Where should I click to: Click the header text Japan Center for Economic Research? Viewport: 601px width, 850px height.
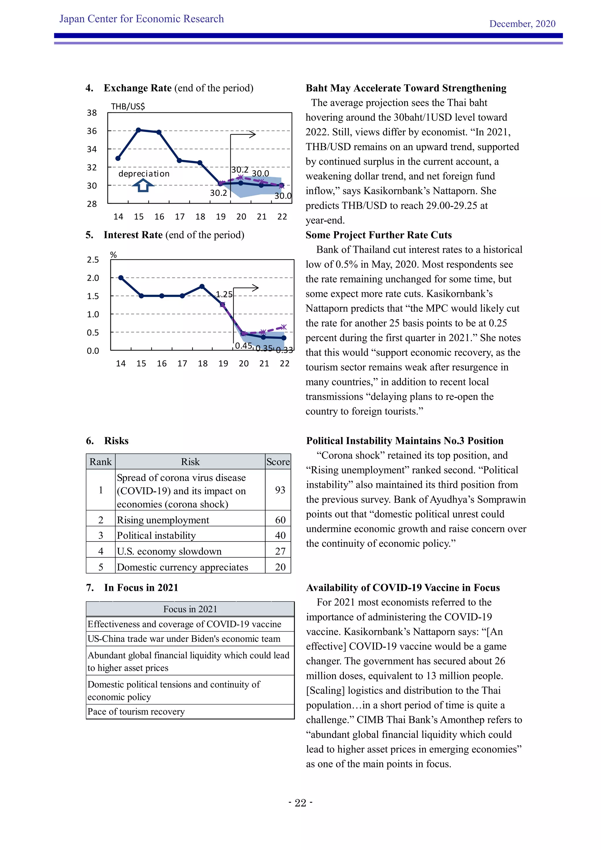[x=141, y=19]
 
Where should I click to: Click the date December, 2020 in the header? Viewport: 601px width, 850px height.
[x=522, y=24]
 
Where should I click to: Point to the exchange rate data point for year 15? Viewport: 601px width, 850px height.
[x=139, y=130]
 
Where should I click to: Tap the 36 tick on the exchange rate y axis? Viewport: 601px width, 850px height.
[x=92, y=131]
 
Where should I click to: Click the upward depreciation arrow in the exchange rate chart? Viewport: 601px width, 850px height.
[x=143, y=185]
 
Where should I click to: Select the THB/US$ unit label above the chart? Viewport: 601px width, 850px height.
[x=128, y=107]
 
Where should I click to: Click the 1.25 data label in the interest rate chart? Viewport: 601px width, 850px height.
[x=224, y=294]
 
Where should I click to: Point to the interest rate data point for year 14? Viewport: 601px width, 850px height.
[x=121, y=278]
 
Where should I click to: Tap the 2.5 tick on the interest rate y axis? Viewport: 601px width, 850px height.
[x=93, y=260]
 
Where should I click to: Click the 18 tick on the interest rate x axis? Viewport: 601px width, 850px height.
[x=202, y=364]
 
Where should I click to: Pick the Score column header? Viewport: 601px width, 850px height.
[x=278, y=462]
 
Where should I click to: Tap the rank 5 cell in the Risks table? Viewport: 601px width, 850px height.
[x=101, y=567]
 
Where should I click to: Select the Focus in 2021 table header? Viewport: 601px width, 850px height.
[x=190, y=609]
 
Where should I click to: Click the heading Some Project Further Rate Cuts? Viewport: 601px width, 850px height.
[x=378, y=235]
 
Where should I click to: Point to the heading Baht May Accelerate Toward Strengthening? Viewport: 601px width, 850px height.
[x=406, y=88]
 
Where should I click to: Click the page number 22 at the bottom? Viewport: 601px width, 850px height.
[x=300, y=803]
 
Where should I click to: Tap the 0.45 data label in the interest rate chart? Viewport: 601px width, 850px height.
[x=243, y=346]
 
